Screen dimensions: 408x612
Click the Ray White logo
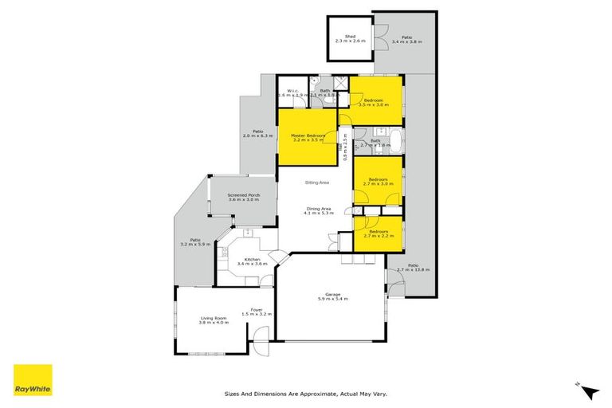(33, 379)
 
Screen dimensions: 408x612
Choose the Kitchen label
(253, 261)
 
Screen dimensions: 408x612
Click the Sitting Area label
(317, 182)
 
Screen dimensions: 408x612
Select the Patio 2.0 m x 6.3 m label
(257, 134)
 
